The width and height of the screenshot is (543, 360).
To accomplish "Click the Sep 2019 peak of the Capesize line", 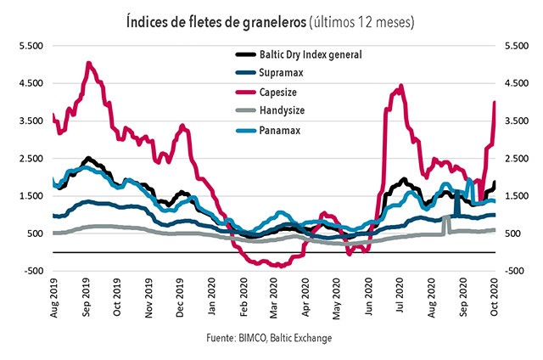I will [x=88, y=64].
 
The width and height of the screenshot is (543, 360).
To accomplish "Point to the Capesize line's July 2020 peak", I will [x=401, y=85].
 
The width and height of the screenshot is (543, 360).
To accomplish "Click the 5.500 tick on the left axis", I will [x=30, y=46].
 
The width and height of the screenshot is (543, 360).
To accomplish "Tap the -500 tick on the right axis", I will [x=514, y=270].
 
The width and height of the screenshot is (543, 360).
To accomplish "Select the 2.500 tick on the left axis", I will [x=30, y=158].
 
